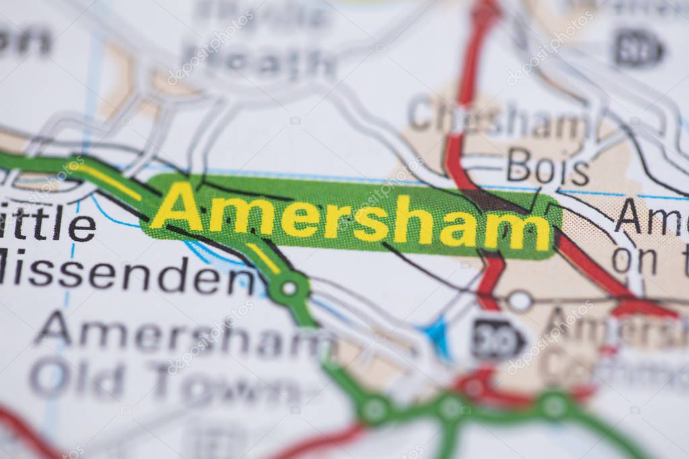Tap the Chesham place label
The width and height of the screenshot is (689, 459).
(x=498, y=119)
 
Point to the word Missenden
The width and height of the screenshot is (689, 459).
(x=128, y=275)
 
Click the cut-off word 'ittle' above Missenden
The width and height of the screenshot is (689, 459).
(x=47, y=223)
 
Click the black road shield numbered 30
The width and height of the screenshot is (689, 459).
(x=497, y=339)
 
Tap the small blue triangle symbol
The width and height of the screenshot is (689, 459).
(x=438, y=334)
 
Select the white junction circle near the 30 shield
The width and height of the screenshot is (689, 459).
(x=519, y=301)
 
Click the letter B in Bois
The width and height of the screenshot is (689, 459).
(x=519, y=166)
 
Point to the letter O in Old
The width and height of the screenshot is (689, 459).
(x=51, y=377)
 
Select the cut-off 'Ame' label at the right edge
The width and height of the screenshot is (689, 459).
(x=650, y=217)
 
